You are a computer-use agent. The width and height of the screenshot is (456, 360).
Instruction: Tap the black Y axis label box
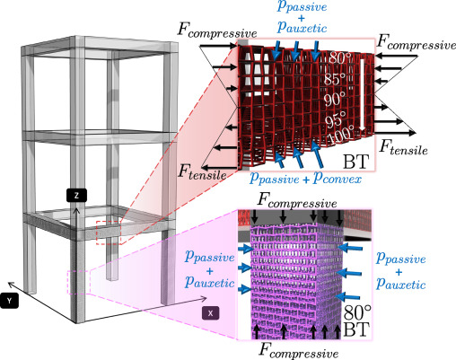pos(11,303)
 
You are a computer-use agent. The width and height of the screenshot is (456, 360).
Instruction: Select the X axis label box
pos(208,312)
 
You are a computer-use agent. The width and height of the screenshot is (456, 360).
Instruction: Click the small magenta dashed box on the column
pos(77,280)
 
